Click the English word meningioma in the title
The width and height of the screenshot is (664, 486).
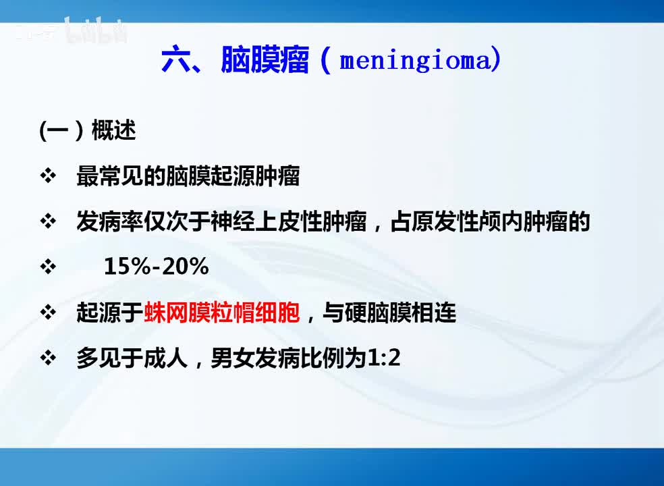(418, 61)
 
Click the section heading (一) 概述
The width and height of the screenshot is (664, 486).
(88, 131)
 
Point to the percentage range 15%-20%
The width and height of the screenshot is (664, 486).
(156, 267)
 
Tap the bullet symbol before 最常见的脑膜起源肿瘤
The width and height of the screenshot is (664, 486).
(48, 178)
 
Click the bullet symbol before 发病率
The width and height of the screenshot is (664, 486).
(48, 222)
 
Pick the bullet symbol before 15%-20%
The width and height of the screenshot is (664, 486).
(48, 267)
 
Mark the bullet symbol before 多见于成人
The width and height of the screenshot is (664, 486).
(48, 358)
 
